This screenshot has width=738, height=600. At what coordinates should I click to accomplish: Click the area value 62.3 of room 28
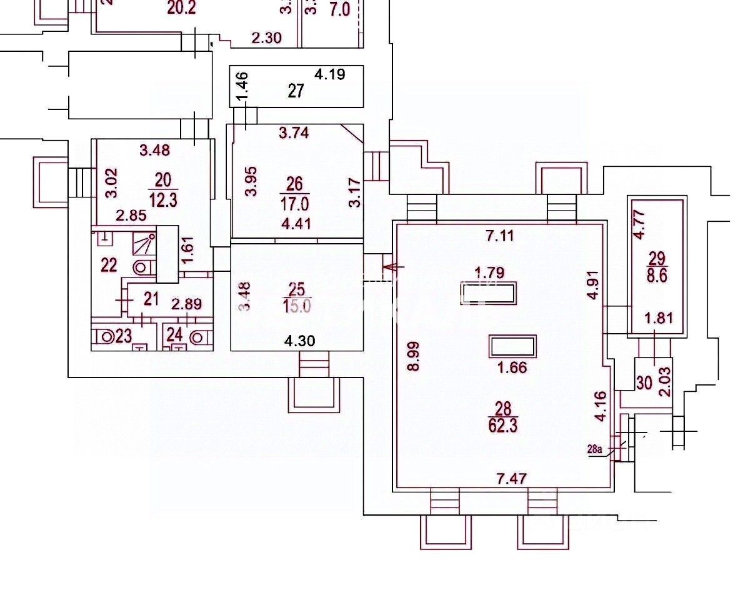coord(503,427)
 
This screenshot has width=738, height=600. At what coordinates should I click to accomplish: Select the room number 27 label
coord(296,91)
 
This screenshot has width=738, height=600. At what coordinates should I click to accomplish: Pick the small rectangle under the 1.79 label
coord(489,292)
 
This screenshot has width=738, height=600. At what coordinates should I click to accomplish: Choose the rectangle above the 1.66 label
coord(513,346)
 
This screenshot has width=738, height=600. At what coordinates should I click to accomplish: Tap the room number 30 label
coord(644,381)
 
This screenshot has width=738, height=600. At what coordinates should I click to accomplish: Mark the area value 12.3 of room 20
coord(162,199)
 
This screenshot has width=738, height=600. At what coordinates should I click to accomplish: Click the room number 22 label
coord(109,265)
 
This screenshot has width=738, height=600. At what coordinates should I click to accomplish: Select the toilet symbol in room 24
coord(199,337)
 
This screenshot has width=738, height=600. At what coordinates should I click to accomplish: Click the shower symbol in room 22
coord(143,244)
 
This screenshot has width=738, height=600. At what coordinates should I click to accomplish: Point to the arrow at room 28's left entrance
coord(392,267)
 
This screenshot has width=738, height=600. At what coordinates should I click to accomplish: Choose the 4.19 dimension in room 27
coord(330,74)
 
